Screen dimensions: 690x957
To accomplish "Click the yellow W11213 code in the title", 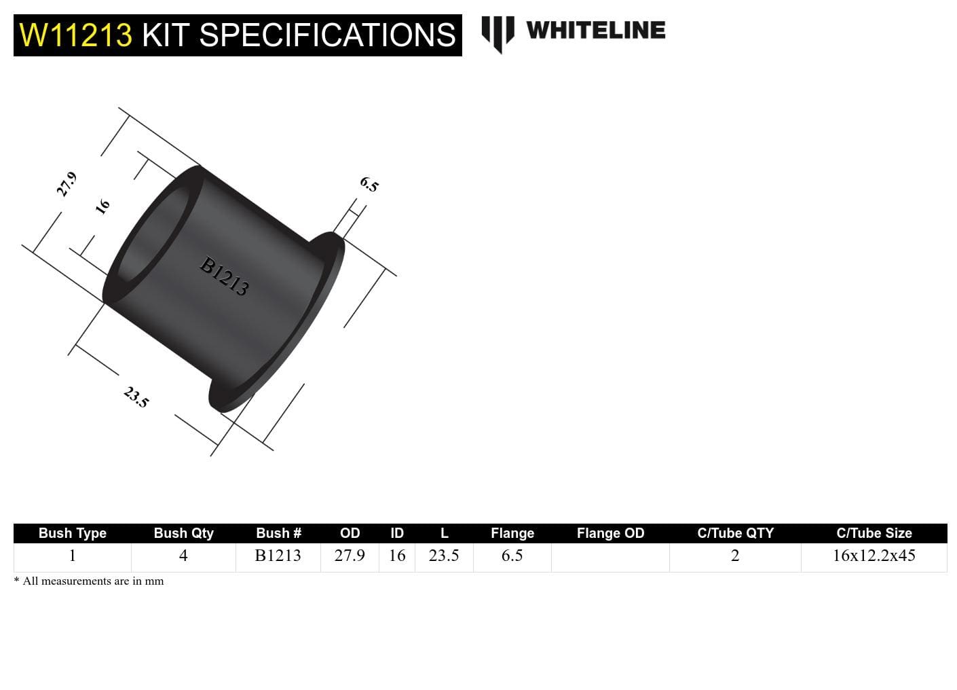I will (75, 35).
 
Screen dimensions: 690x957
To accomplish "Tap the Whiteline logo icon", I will (498, 33).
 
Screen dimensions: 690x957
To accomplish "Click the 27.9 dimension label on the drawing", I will (67, 184).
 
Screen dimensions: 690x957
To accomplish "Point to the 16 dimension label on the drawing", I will (102, 206).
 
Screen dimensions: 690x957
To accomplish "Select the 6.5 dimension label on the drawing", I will (369, 184).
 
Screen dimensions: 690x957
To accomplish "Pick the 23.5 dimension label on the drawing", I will (136, 397).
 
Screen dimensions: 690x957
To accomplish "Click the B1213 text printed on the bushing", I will (224, 276).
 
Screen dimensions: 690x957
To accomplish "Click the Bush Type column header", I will (73, 533).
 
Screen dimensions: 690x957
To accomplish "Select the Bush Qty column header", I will (183, 533).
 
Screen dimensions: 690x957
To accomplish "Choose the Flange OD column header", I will (610, 533).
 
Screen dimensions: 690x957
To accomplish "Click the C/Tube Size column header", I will (874, 533).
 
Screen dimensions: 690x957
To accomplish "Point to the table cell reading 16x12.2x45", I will (874, 556).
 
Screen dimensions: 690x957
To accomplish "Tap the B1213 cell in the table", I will (278, 556).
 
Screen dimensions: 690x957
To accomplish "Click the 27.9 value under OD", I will (350, 556).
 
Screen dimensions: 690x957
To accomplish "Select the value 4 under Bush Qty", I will (183, 556).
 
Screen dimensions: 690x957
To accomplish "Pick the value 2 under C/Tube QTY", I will (735, 556).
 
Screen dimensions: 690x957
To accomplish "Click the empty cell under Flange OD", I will (610, 557).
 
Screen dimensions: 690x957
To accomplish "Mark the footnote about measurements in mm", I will (89, 581).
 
